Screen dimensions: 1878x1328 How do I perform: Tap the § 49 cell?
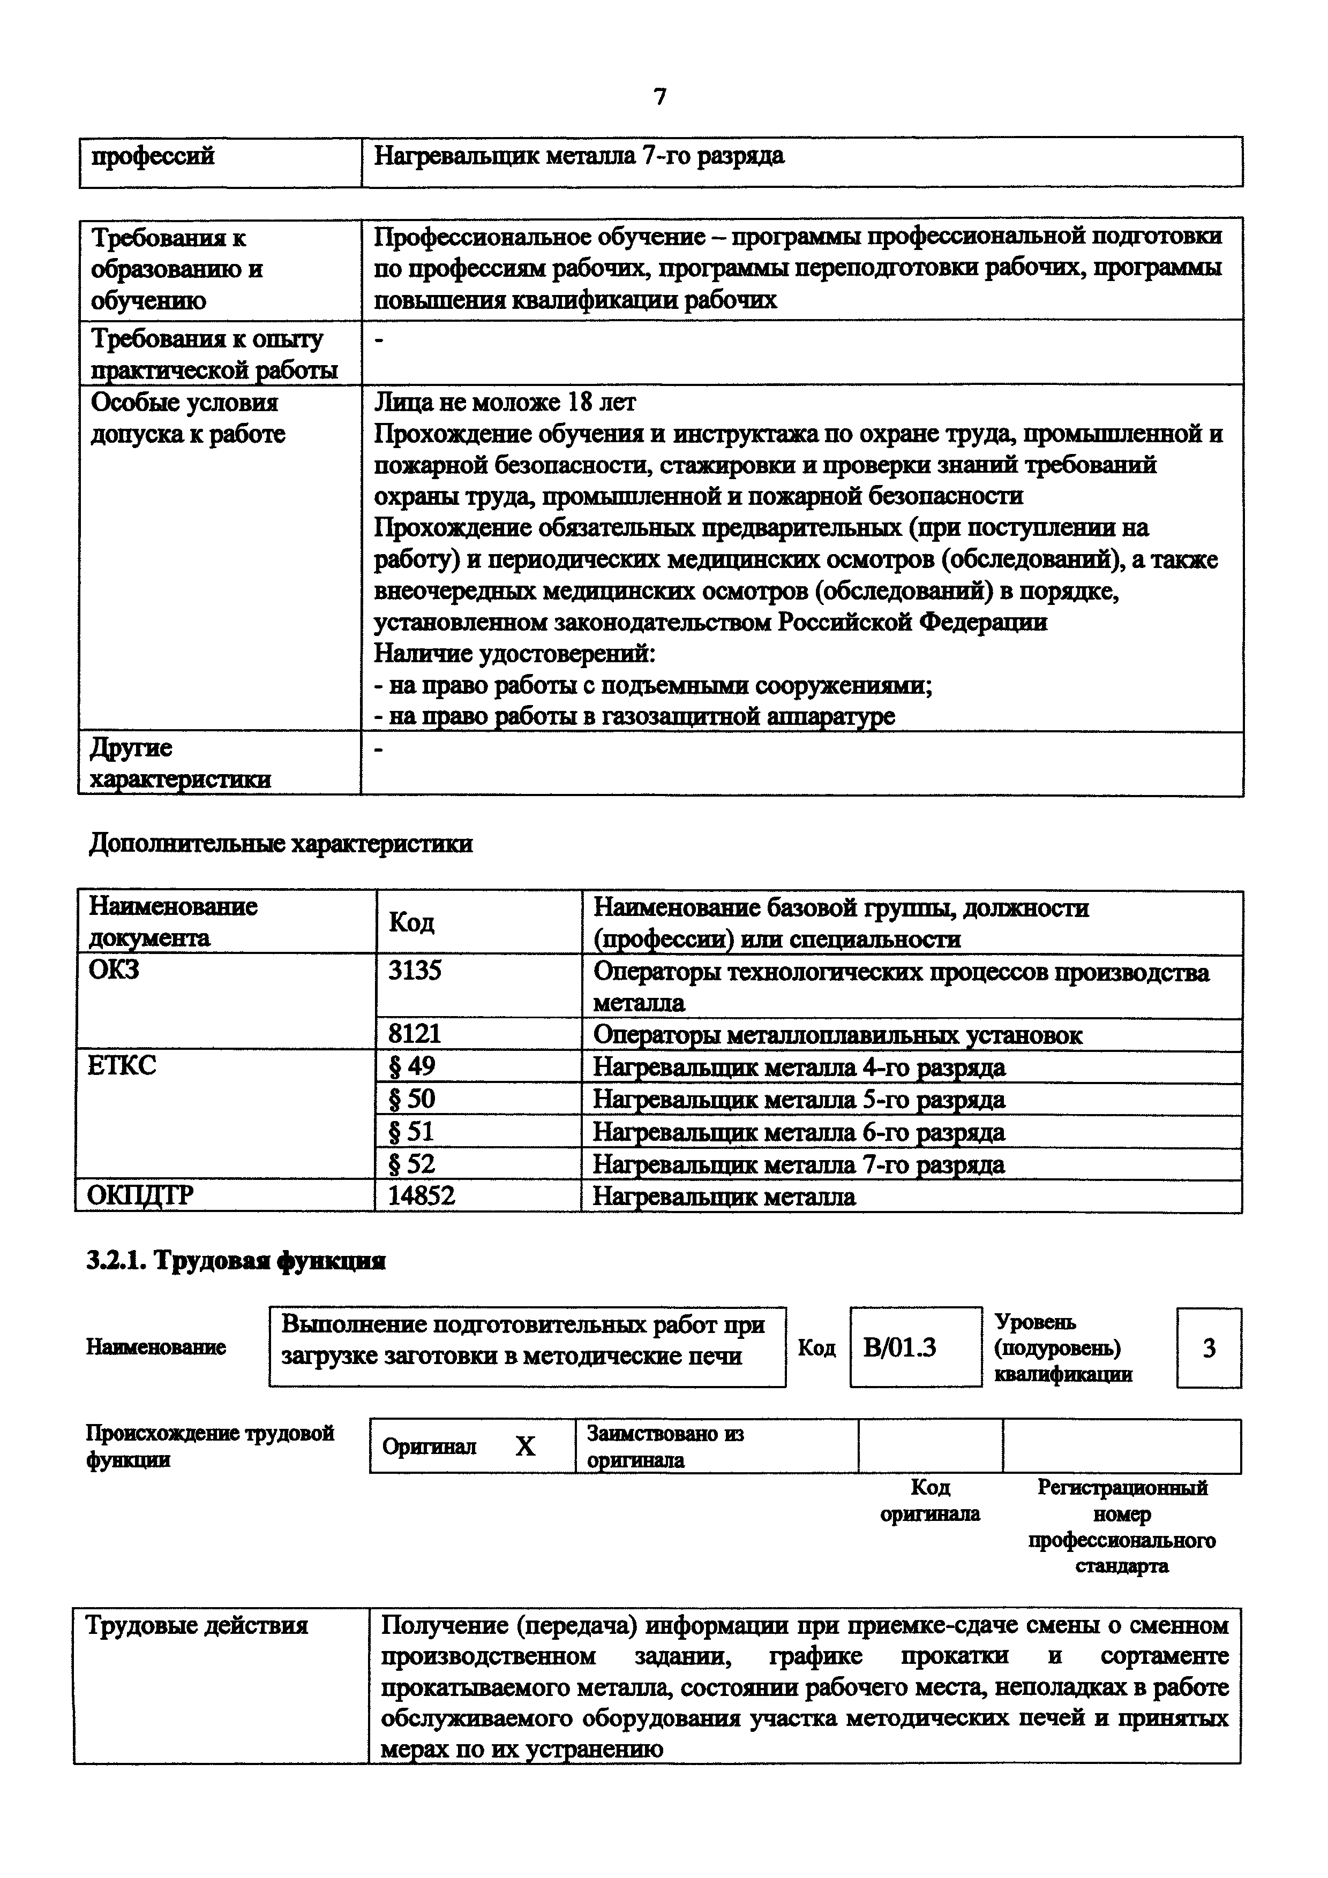(412, 1066)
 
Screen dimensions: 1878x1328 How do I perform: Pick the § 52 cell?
(412, 1163)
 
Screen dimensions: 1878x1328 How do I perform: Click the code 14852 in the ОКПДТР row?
(422, 1196)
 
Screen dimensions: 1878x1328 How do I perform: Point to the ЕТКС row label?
(122, 1066)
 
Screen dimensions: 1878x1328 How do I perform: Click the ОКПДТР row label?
(141, 1196)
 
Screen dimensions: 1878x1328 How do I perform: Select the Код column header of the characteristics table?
(411, 922)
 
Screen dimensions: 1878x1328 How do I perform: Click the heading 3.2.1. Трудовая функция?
(236, 1261)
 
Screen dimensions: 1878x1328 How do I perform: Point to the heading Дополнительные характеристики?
(281, 843)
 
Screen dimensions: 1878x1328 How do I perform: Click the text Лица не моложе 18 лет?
(505, 403)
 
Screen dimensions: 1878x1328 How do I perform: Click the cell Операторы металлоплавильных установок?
(837, 1035)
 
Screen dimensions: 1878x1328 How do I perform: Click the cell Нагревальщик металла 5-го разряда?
(799, 1099)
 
